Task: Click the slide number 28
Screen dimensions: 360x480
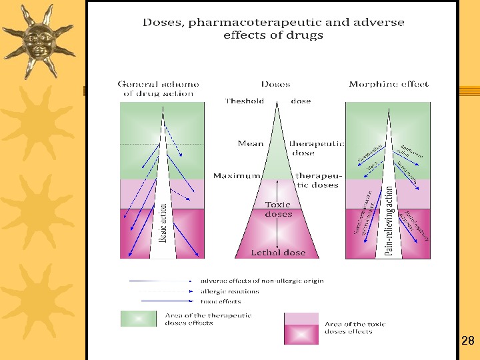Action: [467, 341]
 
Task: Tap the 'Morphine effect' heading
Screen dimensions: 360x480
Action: [388, 84]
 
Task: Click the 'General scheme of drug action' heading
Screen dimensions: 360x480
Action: [158, 89]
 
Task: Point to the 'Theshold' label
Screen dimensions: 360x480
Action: [245, 101]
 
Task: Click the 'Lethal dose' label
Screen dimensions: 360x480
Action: [278, 253]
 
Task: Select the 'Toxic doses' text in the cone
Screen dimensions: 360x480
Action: [278, 209]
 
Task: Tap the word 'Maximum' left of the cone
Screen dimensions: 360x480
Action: [236, 175]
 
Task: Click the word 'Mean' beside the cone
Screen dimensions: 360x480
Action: [251, 143]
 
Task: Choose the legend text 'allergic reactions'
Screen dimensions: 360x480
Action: [230, 291]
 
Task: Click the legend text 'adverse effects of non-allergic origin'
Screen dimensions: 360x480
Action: [262, 281]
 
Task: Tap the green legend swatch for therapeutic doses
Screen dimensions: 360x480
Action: [137, 319]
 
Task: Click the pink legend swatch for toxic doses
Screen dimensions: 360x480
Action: [301, 328]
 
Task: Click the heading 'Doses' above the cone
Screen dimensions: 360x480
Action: [275, 84]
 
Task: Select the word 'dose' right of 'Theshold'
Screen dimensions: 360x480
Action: [301, 101]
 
